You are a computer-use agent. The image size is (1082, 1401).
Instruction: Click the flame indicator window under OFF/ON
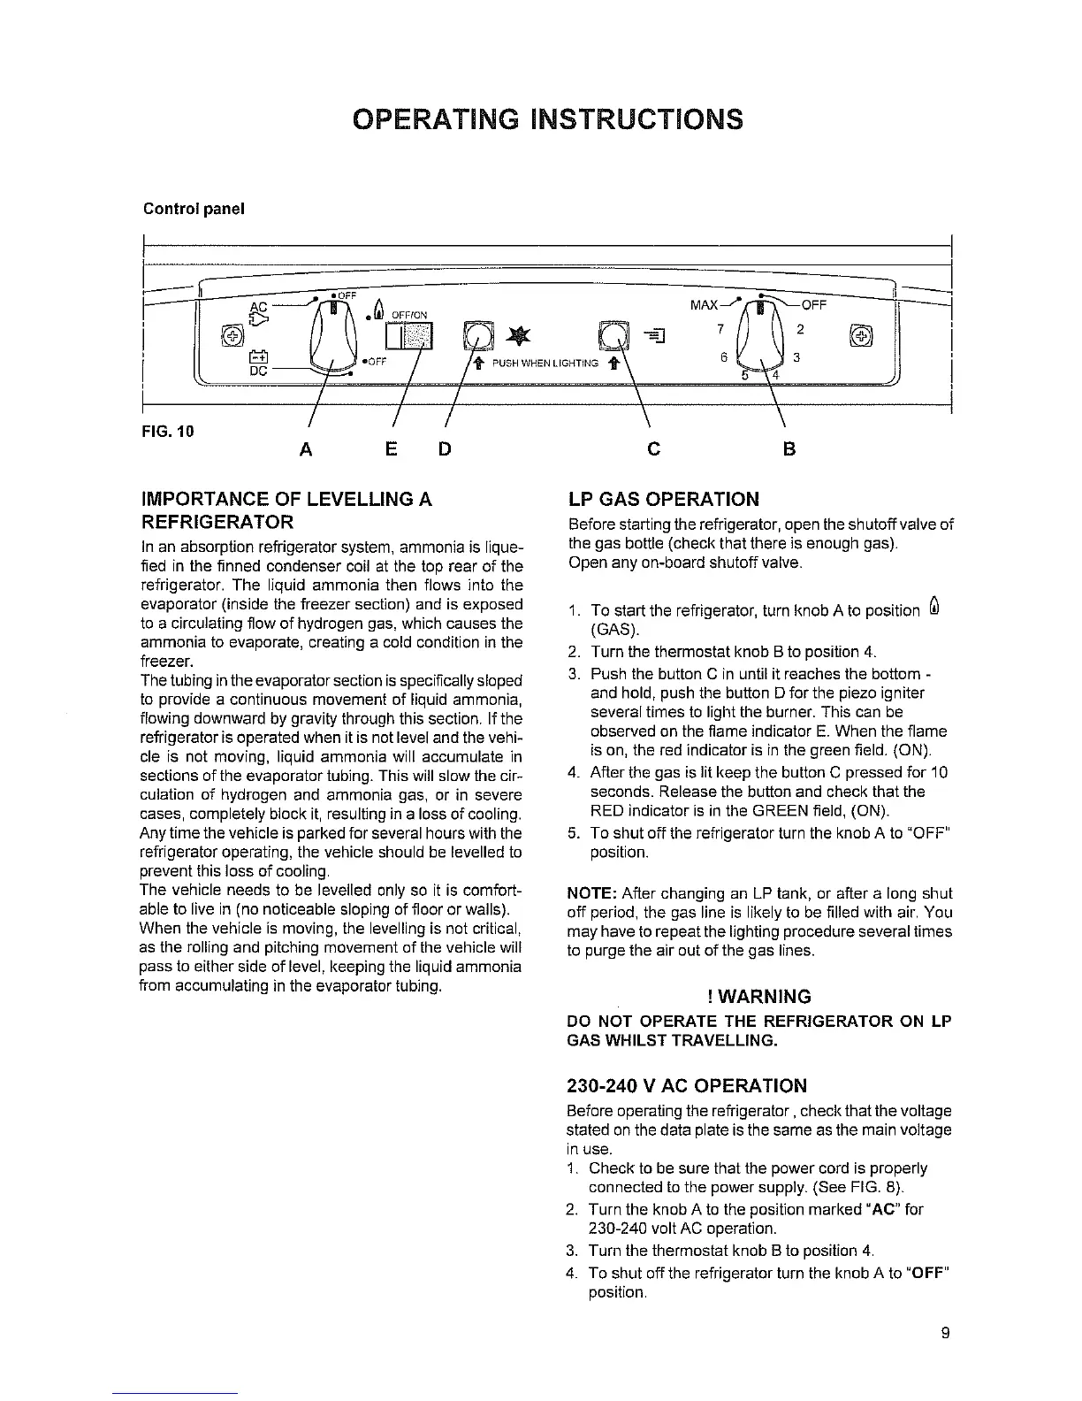(x=412, y=338)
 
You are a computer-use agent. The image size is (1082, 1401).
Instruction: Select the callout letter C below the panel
(x=653, y=449)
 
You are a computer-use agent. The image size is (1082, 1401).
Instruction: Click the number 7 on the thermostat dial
(x=720, y=329)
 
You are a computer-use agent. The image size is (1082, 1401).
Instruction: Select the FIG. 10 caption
(x=168, y=432)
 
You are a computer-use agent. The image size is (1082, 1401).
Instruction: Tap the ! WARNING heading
(x=759, y=997)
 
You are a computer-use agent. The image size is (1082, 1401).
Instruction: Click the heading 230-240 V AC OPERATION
(x=686, y=1085)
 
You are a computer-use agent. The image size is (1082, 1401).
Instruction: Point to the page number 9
(x=945, y=1334)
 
